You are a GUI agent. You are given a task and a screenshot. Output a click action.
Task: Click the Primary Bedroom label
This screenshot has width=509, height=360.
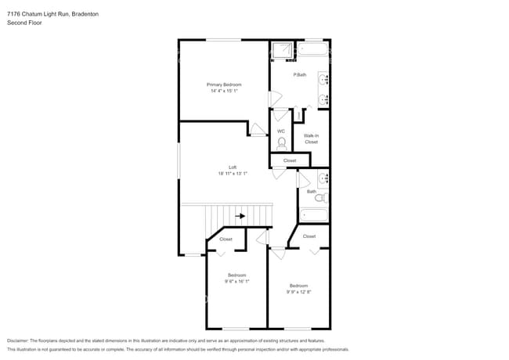[x=224, y=85]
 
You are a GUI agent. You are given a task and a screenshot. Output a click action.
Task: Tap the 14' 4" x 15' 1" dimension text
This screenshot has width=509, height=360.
[x=224, y=92]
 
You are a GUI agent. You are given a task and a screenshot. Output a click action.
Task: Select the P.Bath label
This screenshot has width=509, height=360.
[x=300, y=75]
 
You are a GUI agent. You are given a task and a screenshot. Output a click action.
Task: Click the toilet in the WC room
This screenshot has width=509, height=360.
[x=281, y=143]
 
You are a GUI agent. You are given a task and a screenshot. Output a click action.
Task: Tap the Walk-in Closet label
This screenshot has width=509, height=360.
[x=311, y=139]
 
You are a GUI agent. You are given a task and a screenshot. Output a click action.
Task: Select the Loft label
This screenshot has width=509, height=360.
[x=233, y=167]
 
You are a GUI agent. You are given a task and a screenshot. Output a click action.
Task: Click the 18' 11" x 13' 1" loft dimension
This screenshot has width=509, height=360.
[x=233, y=174]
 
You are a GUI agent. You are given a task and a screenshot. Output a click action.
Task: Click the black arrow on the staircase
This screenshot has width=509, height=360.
[x=240, y=216]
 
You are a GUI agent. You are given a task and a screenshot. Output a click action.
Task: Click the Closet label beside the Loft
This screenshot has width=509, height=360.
[x=290, y=160]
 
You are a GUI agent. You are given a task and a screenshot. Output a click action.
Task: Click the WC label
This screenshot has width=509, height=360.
[x=280, y=131]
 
